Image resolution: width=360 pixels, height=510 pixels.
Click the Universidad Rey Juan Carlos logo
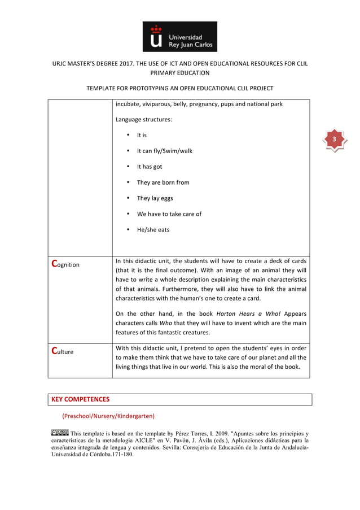click(x=179, y=37)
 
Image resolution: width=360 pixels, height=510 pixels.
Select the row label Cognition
click(x=65, y=264)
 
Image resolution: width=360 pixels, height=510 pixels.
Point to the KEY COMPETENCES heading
click(x=81, y=399)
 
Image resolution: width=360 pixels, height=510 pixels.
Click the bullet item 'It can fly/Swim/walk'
click(x=164, y=151)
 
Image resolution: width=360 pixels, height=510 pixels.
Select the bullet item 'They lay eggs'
click(x=155, y=198)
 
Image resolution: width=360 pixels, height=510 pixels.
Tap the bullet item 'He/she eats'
click(x=153, y=230)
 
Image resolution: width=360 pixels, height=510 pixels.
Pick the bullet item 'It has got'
click(x=149, y=167)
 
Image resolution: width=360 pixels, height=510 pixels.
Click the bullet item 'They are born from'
click(x=163, y=182)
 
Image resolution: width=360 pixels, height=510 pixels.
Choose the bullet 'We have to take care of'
click(x=169, y=214)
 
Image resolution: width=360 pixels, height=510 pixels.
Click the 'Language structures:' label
click(x=144, y=120)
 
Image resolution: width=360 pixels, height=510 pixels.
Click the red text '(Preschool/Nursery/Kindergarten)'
click(x=108, y=416)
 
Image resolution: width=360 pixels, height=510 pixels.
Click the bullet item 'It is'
click(x=142, y=135)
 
